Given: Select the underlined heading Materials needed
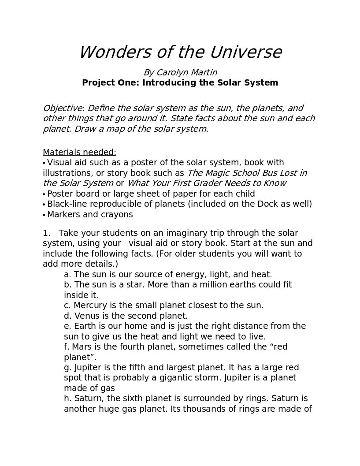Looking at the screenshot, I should [79, 152].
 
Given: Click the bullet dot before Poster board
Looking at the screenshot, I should [44, 194].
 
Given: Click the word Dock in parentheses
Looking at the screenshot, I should [262, 204].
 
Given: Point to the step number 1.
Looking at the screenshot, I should [45, 233].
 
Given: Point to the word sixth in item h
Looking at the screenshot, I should [134, 399].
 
